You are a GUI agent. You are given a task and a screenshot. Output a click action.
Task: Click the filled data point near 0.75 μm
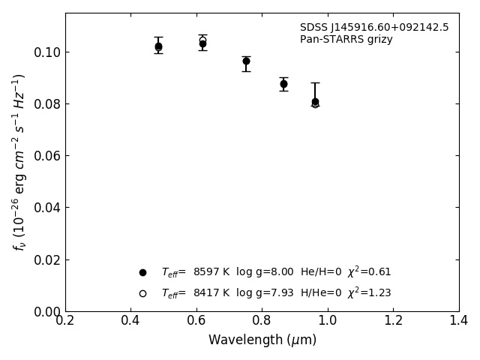(246, 61)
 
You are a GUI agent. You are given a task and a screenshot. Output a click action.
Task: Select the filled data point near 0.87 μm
(283, 84)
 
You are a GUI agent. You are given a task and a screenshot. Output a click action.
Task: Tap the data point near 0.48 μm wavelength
(158, 46)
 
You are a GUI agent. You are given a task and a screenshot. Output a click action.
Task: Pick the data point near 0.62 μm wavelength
(202, 43)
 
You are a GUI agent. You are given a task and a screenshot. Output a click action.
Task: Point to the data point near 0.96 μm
(315, 101)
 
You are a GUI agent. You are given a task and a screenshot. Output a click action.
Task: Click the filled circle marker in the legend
(142, 272)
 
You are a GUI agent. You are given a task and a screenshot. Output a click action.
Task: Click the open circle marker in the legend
(142, 293)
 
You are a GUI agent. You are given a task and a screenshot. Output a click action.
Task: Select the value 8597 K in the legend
(210, 272)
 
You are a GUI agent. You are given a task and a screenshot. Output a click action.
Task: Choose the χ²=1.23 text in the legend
(369, 293)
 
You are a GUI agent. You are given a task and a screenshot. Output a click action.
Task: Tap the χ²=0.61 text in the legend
(369, 272)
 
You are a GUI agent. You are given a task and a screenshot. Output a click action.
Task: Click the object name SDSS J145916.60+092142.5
(374, 28)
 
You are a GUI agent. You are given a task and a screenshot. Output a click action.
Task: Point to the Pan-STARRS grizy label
(346, 40)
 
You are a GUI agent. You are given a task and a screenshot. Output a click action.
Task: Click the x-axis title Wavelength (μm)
(262, 340)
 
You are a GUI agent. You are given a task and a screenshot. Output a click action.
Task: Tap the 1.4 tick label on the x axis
(459, 321)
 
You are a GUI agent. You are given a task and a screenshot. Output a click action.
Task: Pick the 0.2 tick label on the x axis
(65, 321)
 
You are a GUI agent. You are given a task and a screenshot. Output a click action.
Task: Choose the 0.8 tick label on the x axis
(262, 321)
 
